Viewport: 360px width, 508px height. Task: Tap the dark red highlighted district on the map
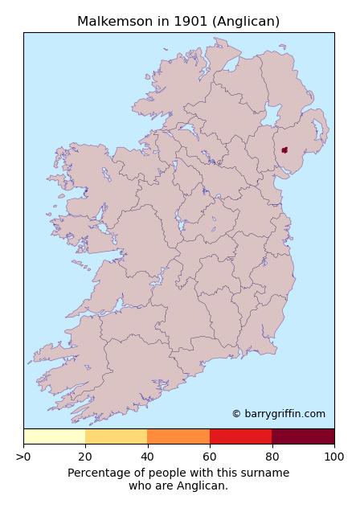[x=284, y=150]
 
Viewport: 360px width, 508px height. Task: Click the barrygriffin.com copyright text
[x=284, y=414]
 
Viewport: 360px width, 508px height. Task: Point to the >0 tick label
[x=23, y=457]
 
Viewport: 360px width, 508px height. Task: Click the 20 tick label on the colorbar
[x=85, y=457]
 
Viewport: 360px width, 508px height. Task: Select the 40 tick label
[x=148, y=457]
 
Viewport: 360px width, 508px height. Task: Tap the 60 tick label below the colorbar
[x=210, y=457]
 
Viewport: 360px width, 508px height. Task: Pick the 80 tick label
[x=272, y=457]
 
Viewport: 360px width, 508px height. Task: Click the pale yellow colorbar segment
[x=55, y=436]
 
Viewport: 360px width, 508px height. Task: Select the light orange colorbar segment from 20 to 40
[x=117, y=436]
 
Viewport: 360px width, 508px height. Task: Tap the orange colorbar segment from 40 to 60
[x=178, y=436]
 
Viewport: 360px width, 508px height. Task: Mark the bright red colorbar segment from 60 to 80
[x=240, y=436]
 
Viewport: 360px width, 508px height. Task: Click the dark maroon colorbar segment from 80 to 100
[x=303, y=436]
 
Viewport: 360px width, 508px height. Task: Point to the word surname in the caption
[x=266, y=473]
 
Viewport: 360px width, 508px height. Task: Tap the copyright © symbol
[x=236, y=414]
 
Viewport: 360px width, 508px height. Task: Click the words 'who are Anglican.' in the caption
[x=178, y=485]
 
